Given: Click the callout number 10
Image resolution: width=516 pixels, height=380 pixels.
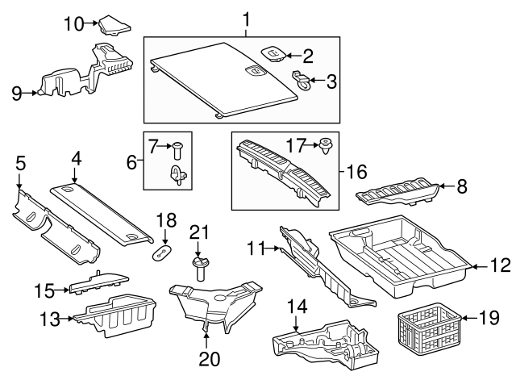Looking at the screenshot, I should tap(73, 23).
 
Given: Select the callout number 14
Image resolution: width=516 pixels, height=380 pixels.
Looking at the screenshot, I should tap(297, 306).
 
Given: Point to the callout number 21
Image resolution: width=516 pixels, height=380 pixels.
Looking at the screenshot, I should tap(200, 232).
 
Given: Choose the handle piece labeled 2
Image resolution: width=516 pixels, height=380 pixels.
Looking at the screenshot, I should tap(273, 54).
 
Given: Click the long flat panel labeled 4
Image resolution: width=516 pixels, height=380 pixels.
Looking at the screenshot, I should tap(101, 212).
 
